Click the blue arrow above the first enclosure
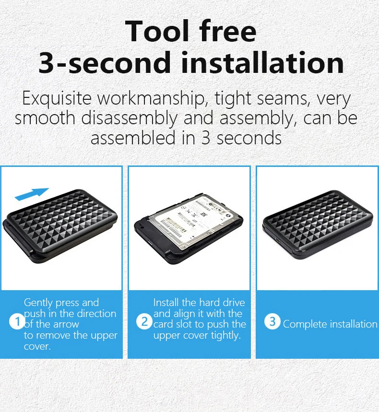32,194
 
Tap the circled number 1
17,322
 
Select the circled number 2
144,322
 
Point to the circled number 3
272,321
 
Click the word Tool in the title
157,31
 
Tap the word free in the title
227,31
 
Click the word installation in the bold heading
262,62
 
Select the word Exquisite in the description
57,98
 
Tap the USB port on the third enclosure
277,240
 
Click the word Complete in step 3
305,324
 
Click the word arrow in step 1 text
67,324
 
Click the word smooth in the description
45,118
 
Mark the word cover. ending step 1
37,346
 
